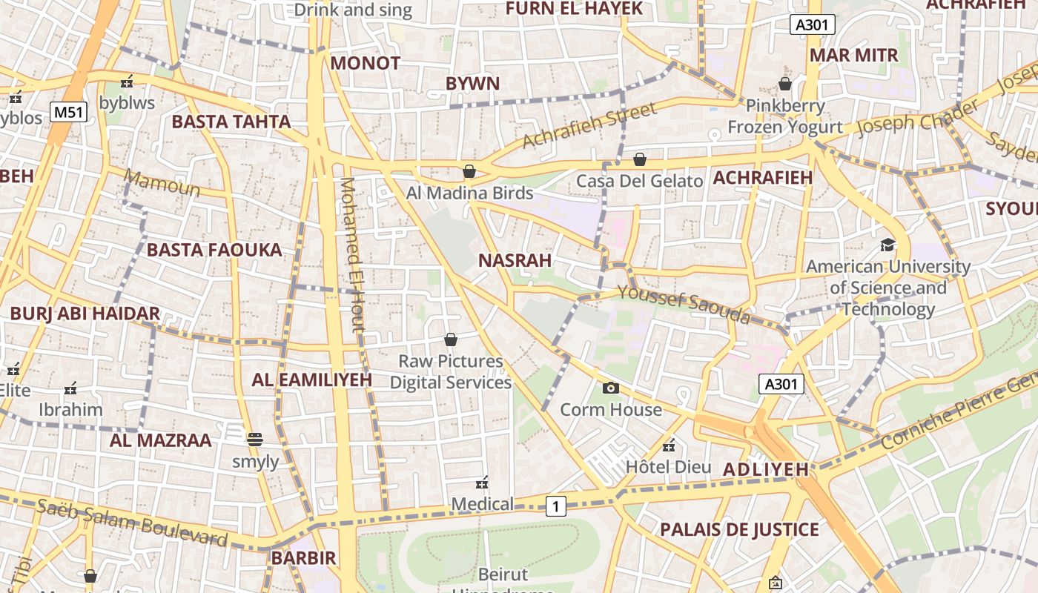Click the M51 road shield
[x=69, y=113]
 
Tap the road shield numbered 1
[x=556, y=506]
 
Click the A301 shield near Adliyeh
[x=781, y=384]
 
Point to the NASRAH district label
[x=515, y=260]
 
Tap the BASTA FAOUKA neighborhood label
[x=214, y=250]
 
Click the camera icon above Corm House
[x=611, y=388]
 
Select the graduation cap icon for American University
[x=887, y=245]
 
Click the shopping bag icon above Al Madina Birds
[x=469, y=171]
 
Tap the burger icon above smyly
[x=255, y=440]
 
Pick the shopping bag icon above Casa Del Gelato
[x=640, y=159]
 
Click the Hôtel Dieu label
[x=668, y=467]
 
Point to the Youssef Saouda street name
[x=684, y=305]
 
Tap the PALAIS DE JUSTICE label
[x=739, y=529]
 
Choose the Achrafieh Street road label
[x=589, y=125]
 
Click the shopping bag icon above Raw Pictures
[x=450, y=339]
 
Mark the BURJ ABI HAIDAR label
[x=85, y=314]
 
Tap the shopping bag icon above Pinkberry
[x=785, y=84]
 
